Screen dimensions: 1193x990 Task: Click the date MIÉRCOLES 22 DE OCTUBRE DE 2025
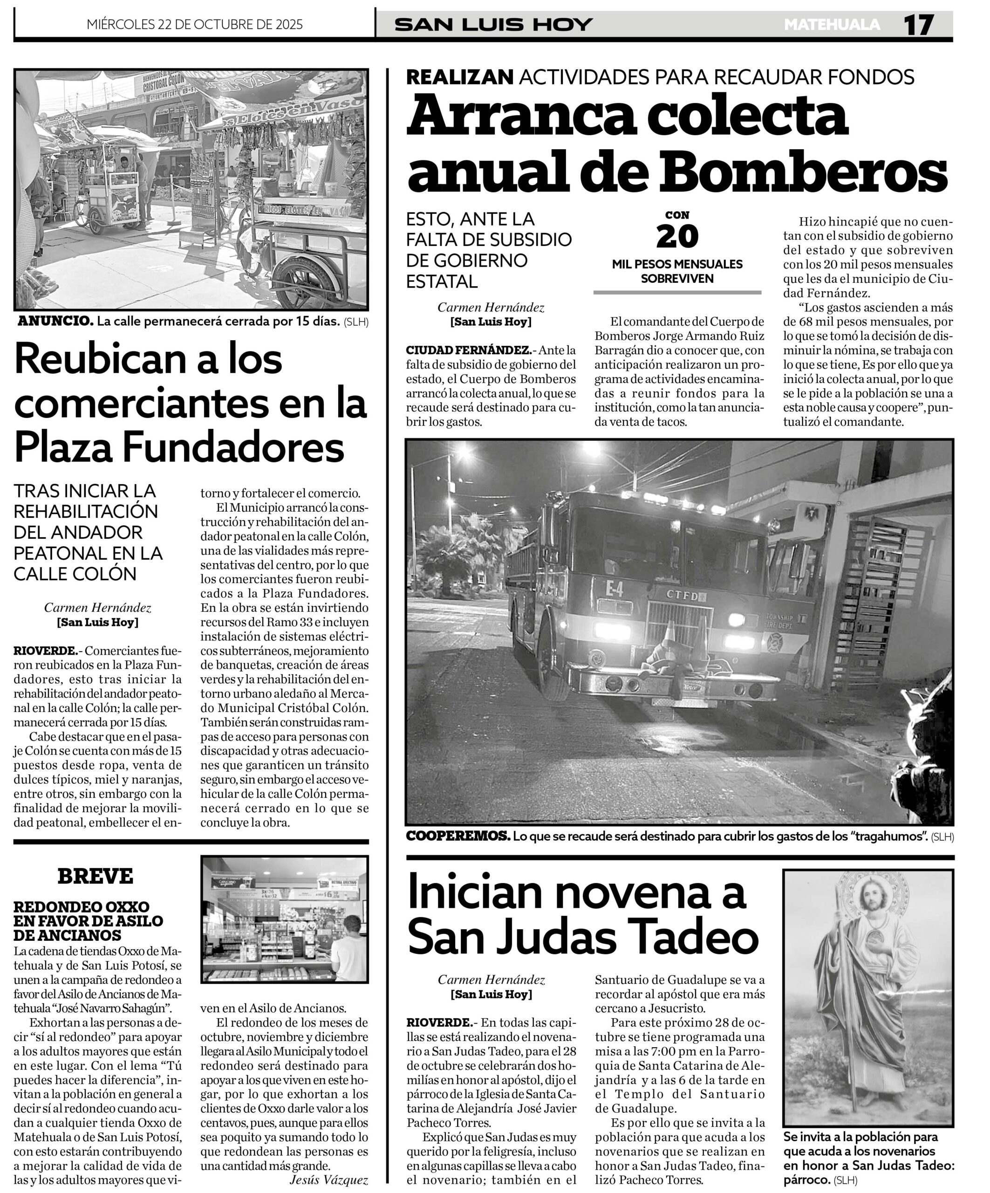(195, 24)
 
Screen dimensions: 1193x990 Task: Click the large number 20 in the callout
(677, 236)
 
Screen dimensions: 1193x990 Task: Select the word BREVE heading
(96, 876)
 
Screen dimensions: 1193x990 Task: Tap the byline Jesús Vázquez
(329, 1179)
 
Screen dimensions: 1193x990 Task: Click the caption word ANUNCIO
(55, 321)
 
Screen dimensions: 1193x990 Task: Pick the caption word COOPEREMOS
(458, 836)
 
